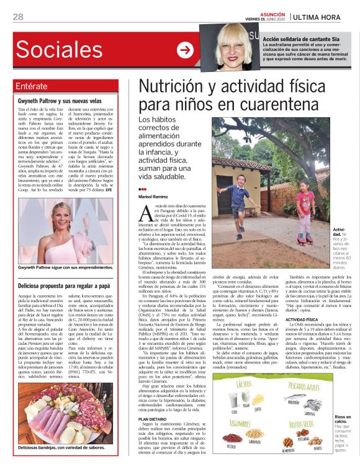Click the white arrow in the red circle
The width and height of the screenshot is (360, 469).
click(185, 50)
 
